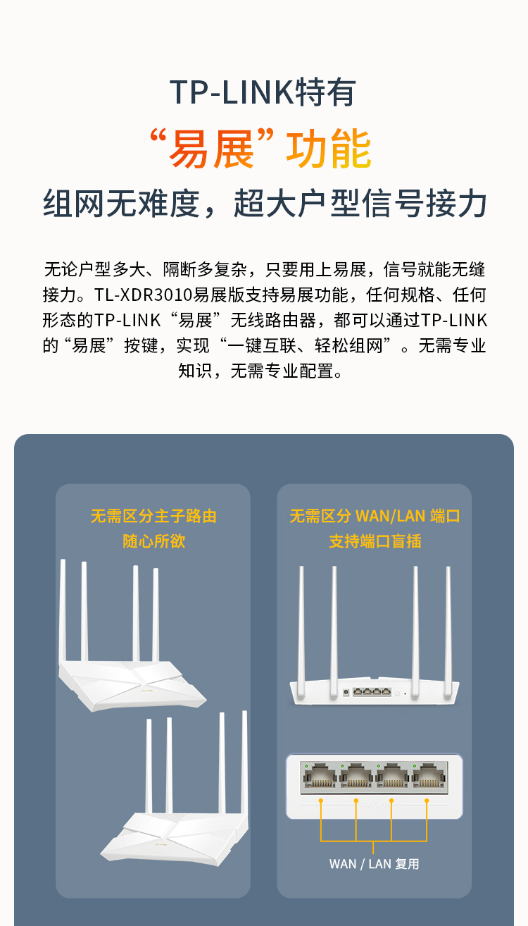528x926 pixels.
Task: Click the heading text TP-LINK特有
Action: (x=263, y=92)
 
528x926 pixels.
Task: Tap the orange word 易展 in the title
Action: (x=211, y=148)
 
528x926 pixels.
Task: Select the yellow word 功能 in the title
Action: (x=329, y=148)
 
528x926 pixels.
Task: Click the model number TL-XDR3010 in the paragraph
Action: (x=143, y=295)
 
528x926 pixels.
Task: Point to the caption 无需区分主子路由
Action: (x=153, y=516)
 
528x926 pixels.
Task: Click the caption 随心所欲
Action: (x=153, y=541)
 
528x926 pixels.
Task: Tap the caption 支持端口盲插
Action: (x=375, y=541)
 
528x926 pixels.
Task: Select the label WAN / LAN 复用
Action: (x=374, y=864)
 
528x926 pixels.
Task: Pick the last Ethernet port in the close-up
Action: (x=429, y=777)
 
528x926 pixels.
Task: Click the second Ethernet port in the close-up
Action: (x=356, y=777)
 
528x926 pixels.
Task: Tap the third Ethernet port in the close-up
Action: (x=393, y=777)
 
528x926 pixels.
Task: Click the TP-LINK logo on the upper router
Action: (x=147, y=691)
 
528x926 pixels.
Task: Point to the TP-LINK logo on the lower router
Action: (x=161, y=844)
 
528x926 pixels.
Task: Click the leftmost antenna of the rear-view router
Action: (x=301, y=631)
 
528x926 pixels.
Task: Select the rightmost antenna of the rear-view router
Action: (x=448, y=631)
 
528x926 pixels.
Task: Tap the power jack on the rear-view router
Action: (x=346, y=692)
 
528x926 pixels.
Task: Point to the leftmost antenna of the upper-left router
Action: (x=63, y=610)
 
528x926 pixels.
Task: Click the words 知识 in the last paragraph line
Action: (x=195, y=371)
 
